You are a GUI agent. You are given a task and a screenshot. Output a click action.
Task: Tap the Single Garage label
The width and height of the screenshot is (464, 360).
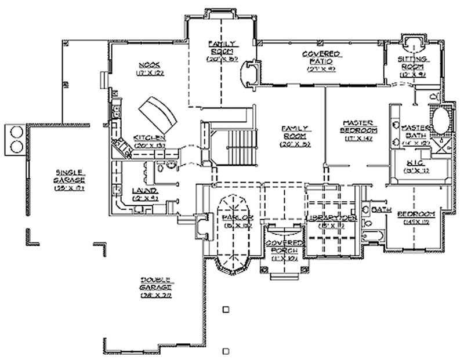point(70,173)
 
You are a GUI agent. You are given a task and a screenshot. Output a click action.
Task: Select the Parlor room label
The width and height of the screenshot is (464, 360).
point(233,217)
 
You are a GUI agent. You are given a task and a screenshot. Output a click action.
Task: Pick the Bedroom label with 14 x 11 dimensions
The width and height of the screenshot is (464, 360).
point(415,214)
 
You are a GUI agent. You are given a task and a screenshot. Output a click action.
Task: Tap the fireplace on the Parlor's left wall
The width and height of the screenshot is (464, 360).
point(202,226)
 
